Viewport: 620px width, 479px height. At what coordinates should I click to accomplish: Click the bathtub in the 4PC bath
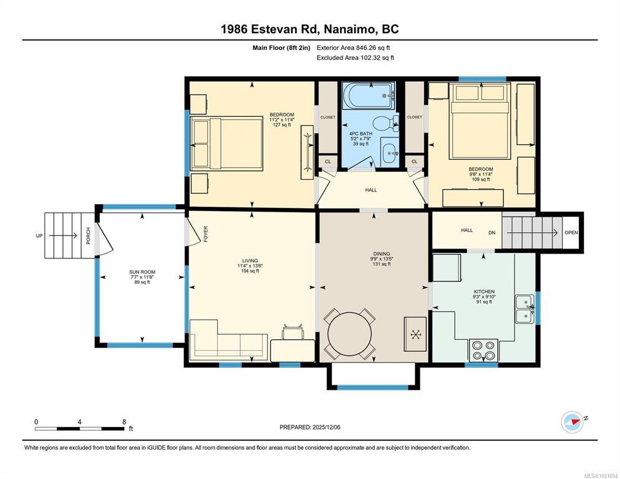[x=369, y=96]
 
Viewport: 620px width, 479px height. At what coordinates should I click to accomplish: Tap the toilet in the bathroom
[x=385, y=123]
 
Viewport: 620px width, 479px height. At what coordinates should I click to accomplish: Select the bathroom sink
[x=390, y=152]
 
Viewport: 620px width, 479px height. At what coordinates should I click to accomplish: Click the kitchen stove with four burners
[x=483, y=350]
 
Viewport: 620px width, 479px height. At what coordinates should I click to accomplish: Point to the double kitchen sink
[x=525, y=309]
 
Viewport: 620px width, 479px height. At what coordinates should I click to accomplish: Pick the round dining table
[x=349, y=334]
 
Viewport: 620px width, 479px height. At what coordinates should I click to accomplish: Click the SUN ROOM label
[x=142, y=272]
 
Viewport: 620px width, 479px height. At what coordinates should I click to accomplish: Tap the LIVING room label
[x=250, y=261]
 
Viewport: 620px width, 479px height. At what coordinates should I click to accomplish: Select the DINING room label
[x=382, y=254]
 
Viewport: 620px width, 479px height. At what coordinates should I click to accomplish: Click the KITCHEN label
[x=485, y=292]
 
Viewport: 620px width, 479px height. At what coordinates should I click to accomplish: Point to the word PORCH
[x=88, y=235]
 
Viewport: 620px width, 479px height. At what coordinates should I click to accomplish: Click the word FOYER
[x=206, y=234]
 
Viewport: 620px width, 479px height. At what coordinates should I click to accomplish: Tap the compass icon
[x=573, y=422]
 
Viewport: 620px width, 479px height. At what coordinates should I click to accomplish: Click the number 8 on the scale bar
[x=124, y=422]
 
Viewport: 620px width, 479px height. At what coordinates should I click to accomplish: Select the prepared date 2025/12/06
[x=326, y=427]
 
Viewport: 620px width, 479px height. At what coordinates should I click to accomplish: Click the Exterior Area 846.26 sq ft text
[x=353, y=48]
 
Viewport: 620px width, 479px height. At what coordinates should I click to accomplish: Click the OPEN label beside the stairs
[x=571, y=232]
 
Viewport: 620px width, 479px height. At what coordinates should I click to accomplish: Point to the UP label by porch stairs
[x=39, y=236]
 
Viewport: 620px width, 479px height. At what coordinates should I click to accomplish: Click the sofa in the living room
[x=228, y=340]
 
